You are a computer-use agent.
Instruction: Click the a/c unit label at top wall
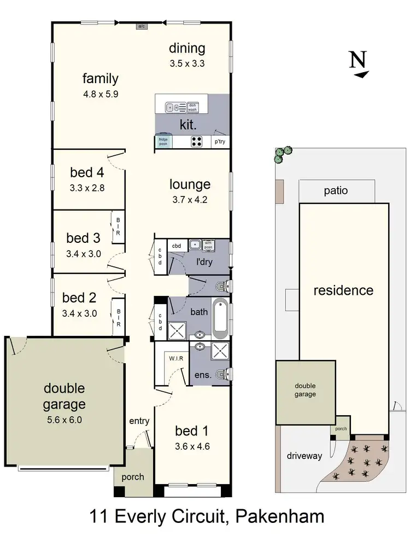tap(142, 26)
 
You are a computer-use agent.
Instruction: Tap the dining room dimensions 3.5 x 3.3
tap(187, 63)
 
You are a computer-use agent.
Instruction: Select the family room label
tap(100, 78)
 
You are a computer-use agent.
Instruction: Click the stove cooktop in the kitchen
tap(197, 141)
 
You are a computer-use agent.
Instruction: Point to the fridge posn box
tap(163, 141)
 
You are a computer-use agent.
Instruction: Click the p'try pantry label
tap(220, 142)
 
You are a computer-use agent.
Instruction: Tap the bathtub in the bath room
tap(220, 319)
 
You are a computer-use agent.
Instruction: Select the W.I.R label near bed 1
tap(175, 358)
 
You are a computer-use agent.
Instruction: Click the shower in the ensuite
tap(220, 351)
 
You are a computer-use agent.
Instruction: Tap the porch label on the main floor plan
tap(133, 477)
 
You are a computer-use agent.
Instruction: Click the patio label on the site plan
tap(336, 191)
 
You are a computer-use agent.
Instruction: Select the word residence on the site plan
tap(343, 290)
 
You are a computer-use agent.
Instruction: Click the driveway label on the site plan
tap(304, 456)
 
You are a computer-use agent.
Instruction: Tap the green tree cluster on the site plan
tap(283, 155)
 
